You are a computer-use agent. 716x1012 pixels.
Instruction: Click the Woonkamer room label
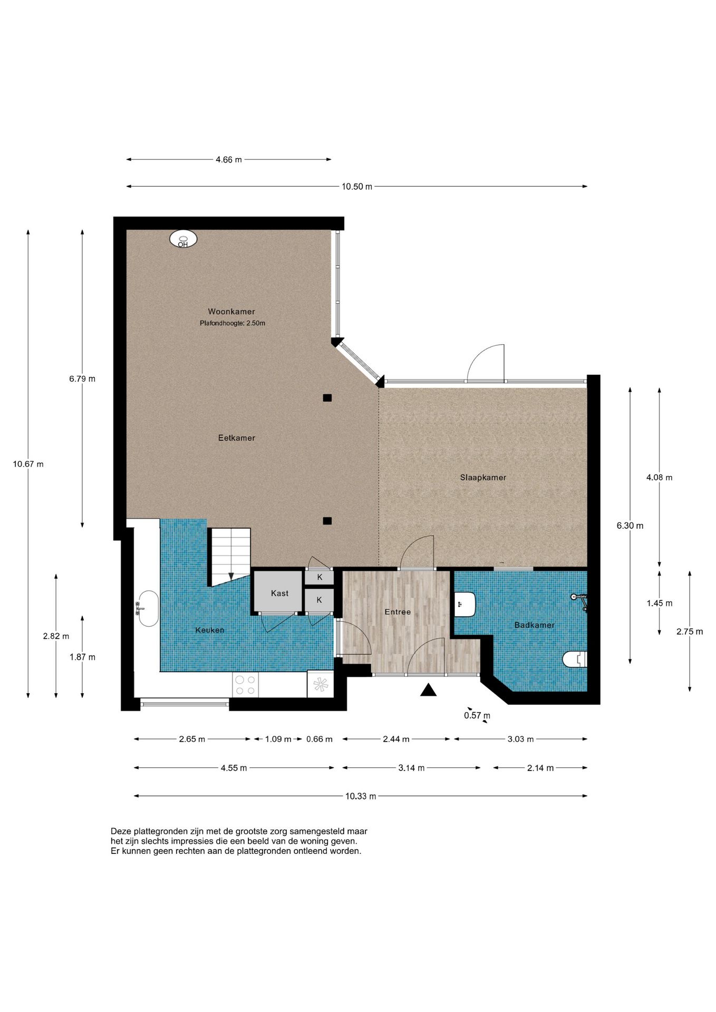[x=231, y=312]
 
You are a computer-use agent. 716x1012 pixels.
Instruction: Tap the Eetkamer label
[x=237, y=437]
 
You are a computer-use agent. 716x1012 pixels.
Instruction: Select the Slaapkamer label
[x=483, y=478]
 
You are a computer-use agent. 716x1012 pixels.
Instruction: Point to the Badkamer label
[x=535, y=625]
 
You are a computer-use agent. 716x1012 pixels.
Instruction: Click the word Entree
[x=398, y=612]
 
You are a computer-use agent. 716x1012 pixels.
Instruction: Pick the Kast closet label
[x=279, y=593]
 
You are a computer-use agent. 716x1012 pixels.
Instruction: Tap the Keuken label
[x=210, y=630]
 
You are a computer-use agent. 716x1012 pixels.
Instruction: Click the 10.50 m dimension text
[x=357, y=187]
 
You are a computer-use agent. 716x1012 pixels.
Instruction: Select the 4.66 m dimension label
[x=229, y=160]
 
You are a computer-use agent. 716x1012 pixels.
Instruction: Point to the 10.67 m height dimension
[x=28, y=464]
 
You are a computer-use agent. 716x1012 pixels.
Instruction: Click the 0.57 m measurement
[x=477, y=716]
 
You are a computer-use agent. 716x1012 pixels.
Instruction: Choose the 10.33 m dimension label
[x=361, y=796]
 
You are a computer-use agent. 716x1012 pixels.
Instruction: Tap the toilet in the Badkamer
[x=575, y=659]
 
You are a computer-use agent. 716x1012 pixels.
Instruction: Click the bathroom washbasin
[x=466, y=604]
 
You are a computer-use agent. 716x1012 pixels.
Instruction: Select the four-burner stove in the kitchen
[x=245, y=685]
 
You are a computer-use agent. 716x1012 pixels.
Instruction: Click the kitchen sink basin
[x=148, y=609]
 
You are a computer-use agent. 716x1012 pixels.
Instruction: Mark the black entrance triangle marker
[x=428, y=689]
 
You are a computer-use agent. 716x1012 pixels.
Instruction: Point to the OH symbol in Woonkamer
[x=183, y=239]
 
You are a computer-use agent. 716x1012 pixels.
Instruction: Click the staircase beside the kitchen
[x=230, y=557]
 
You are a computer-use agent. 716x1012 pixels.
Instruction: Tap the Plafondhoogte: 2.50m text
[x=233, y=323]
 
